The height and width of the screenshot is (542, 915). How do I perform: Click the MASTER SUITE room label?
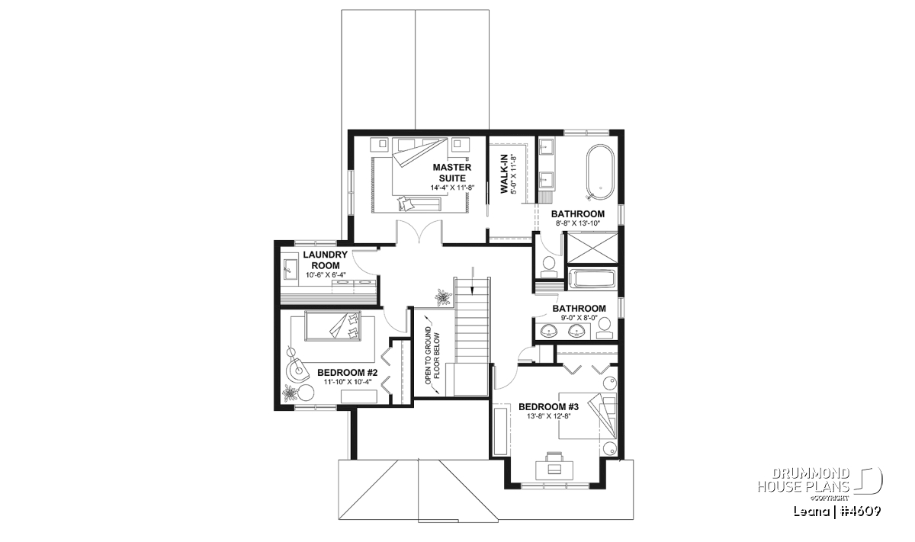451,173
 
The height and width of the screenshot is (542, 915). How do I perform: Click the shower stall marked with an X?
592,248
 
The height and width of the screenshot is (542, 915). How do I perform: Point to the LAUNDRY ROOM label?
325,260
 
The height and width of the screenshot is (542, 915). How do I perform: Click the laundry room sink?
290,269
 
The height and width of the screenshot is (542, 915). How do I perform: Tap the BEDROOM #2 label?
347,373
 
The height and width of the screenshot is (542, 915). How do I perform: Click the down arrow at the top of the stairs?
473,281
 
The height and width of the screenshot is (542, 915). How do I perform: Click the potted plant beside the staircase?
442,297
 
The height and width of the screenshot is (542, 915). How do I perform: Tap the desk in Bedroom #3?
554,470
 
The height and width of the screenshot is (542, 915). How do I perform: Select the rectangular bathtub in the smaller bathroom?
592,279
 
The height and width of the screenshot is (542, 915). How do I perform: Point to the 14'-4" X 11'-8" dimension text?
451,188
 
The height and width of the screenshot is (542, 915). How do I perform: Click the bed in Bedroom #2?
332,326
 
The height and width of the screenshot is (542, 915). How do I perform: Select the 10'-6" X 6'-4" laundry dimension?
326,275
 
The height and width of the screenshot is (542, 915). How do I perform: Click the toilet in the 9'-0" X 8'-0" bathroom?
604,329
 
